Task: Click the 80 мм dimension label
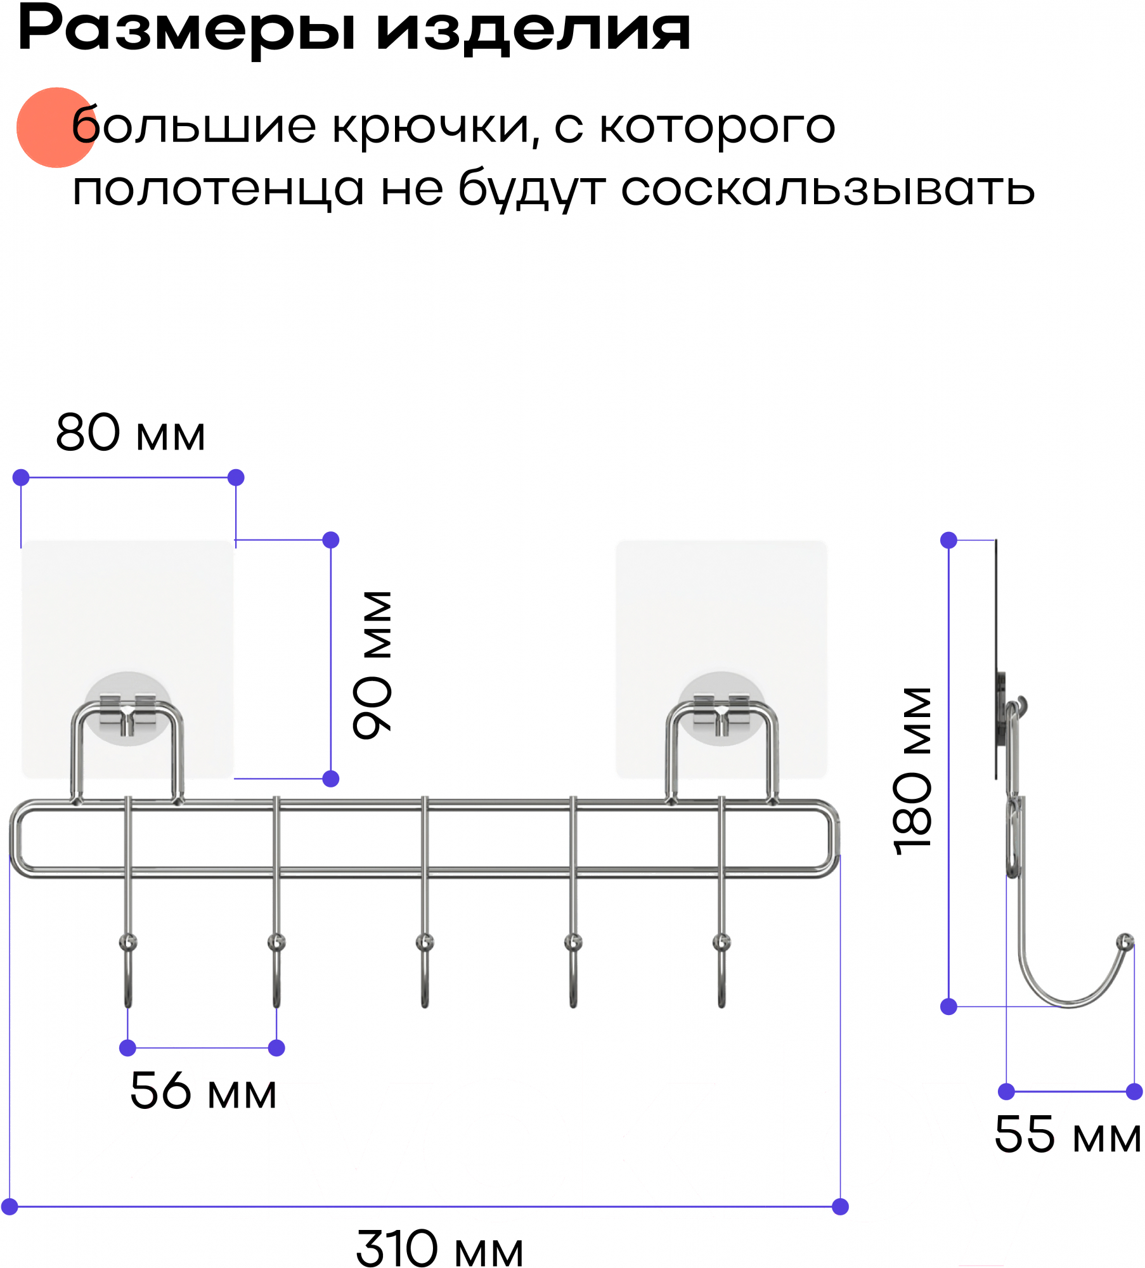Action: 131,434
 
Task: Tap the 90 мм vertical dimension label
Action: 373,664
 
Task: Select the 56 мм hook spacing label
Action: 203,1091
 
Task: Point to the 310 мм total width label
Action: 439,1248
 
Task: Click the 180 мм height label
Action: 912,771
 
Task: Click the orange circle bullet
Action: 56,127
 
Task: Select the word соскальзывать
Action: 827,188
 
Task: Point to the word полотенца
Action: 218,190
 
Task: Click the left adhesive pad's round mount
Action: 128,708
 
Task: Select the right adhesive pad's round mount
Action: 721,708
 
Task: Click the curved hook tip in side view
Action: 1125,941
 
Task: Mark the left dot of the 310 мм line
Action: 10,1207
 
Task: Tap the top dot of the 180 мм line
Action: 948,540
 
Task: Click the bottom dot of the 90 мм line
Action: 331,779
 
